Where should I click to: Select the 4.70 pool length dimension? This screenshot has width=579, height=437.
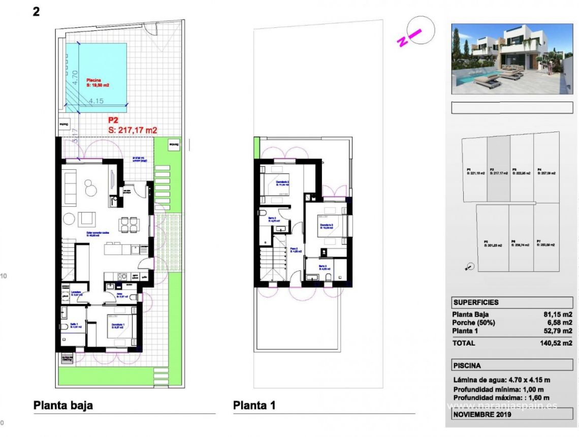75,77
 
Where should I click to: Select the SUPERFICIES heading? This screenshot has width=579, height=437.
476,302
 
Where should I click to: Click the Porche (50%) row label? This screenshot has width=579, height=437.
473,323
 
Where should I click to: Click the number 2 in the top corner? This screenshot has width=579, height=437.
36,11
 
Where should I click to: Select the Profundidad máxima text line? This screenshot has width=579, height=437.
501,397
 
